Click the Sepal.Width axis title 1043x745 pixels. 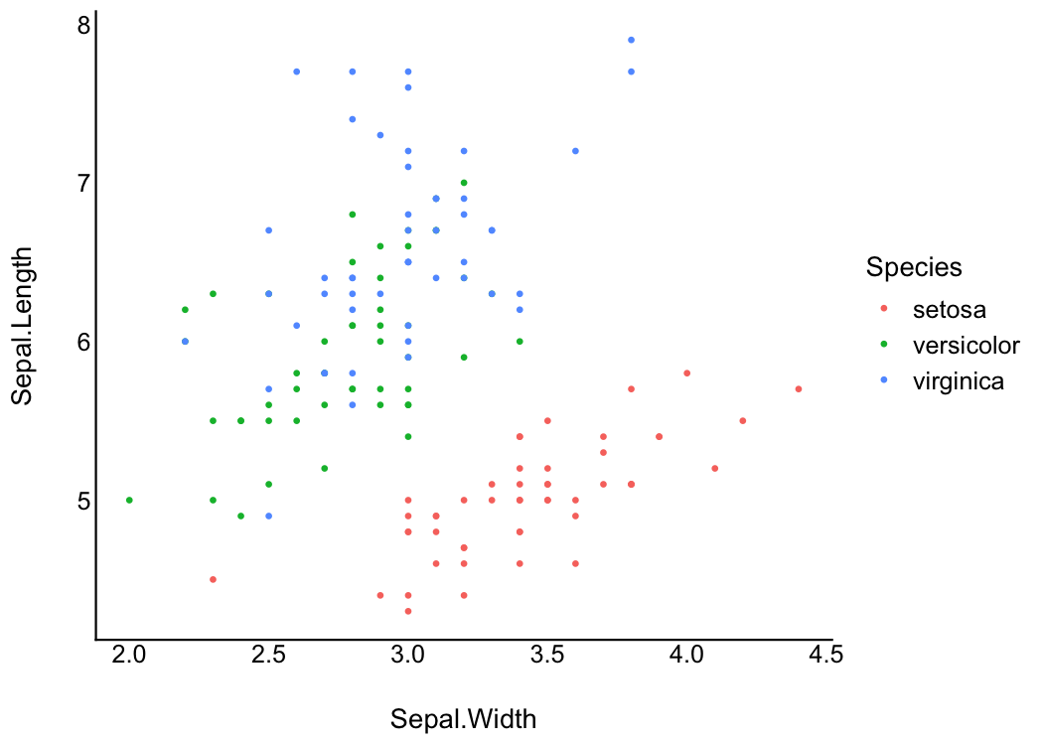point(463,719)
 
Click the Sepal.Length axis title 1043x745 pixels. point(24,326)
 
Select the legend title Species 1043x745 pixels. point(913,266)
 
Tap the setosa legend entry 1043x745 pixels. point(950,309)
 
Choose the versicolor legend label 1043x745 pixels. point(966,345)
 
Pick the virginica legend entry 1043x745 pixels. point(959,380)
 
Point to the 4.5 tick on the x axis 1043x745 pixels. point(825,654)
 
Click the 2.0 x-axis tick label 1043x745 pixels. point(129,654)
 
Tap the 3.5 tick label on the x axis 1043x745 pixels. point(547,654)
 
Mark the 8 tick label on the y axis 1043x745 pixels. point(83,25)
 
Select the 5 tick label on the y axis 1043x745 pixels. point(83,500)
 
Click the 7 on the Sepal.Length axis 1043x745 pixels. point(83,183)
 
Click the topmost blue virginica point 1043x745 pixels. point(631,40)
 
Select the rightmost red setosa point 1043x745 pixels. point(798,388)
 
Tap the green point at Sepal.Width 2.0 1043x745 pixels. point(129,500)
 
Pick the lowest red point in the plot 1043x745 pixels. point(407,611)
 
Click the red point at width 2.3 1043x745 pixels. point(213,579)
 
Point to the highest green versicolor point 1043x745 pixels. point(463,183)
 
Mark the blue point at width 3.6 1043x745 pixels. point(575,151)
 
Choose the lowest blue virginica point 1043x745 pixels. point(268,516)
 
